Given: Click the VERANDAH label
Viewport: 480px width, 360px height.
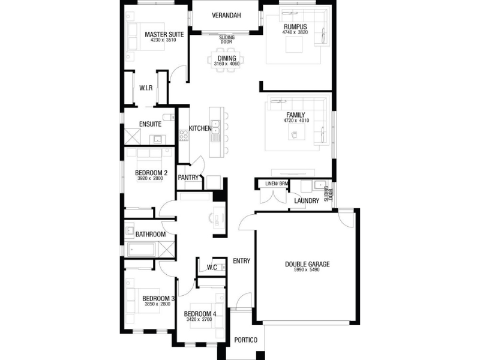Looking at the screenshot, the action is tap(226, 16).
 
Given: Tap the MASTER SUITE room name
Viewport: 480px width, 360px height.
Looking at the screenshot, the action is tap(164, 35).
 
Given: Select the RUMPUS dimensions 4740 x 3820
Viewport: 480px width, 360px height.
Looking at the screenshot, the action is tap(295, 32).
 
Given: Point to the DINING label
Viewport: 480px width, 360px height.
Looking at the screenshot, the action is tap(227, 58).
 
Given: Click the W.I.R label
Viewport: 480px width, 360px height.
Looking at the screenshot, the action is tap(146, 88).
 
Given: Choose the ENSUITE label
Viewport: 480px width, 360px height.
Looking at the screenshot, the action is tap(150, 124).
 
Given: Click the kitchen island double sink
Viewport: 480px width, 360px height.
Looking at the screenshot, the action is tap(216, 127).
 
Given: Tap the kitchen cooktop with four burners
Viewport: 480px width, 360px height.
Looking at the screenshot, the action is tap(184, 136).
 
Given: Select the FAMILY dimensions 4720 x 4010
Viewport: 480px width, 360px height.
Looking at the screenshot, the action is tap(296, 121).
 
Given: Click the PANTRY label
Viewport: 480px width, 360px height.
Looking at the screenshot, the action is tap(188, 178).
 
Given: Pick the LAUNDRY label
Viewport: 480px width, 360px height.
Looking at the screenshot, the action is tap(307, 201).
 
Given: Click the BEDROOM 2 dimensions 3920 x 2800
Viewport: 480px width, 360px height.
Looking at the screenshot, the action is tap(151, 178).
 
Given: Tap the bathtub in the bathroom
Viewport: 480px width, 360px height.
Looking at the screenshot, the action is tap(141, 250).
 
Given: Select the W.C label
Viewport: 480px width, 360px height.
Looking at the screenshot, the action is tap(212, 268).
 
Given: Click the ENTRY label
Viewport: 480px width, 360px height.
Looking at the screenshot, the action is tap(242, 261).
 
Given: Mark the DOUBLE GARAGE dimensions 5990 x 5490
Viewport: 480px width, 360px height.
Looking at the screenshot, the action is tap(307, 270).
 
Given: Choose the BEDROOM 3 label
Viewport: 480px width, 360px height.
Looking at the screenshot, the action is tap(158, 298).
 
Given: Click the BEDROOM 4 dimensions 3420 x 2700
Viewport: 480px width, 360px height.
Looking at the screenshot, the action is tap(199, 320).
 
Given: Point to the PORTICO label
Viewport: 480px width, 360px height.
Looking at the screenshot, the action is tap(245, 340).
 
